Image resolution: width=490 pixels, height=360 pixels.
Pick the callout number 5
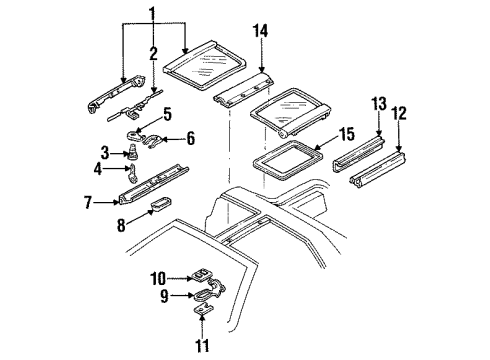coord(168,113)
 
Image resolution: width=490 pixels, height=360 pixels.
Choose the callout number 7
coord(87,203)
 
